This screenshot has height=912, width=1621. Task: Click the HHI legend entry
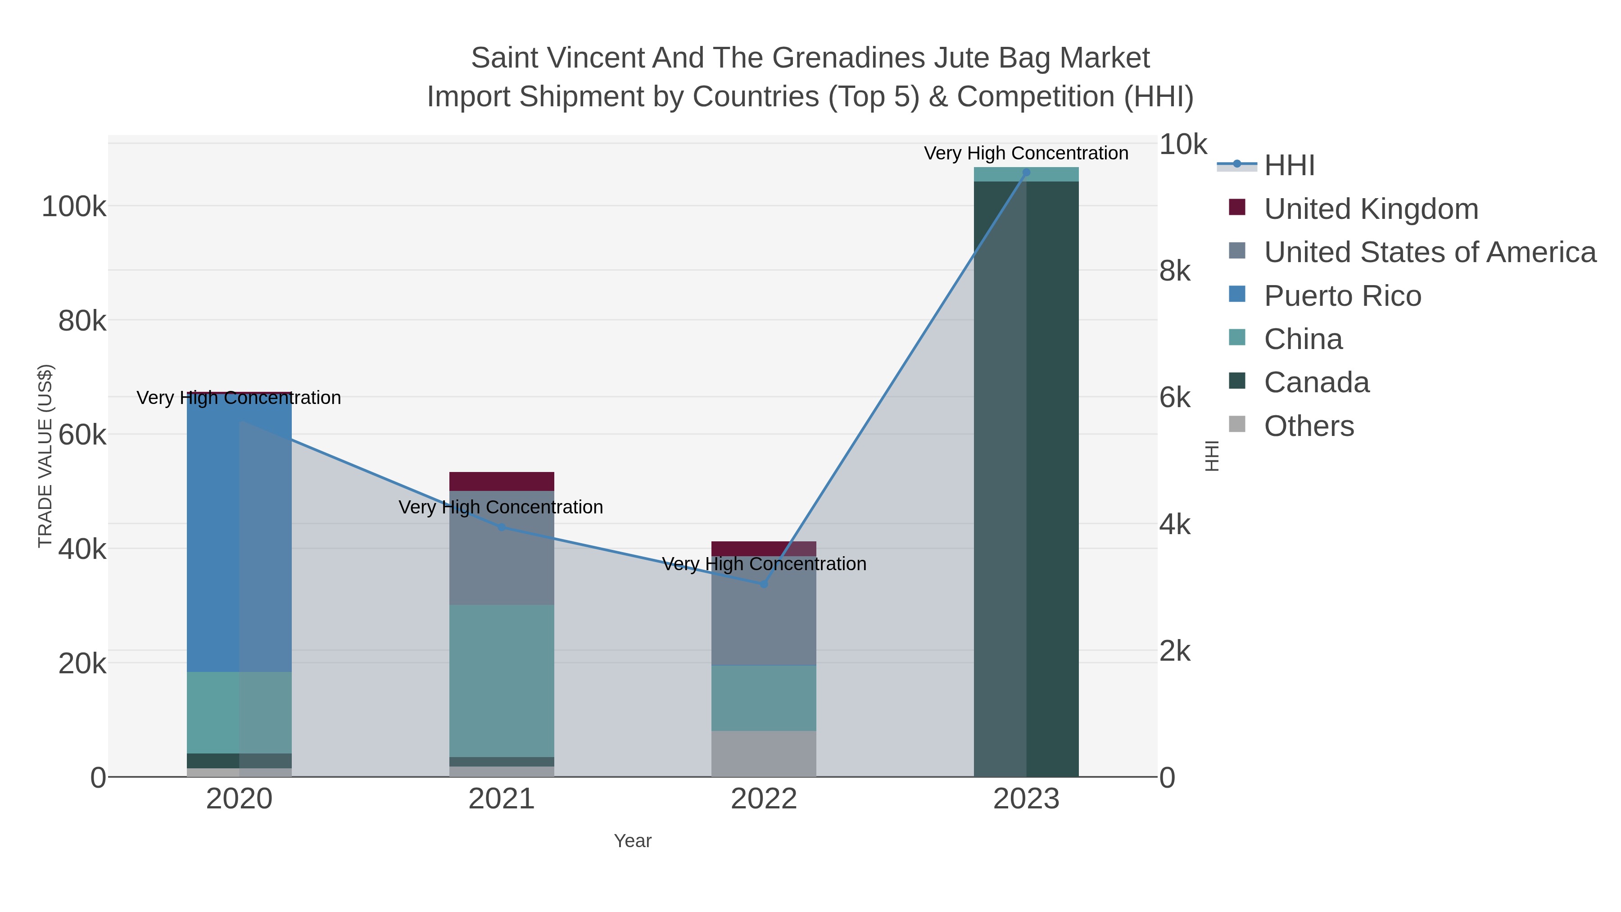pyautogui.click(x=1289, y=166)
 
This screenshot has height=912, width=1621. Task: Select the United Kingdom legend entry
pyautogui.click(x=1371, y=209)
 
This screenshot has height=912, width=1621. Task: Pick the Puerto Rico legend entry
pyautogui.click(x=1342, y=296)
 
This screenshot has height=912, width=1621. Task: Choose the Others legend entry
pyautogui.click(x=1309, y=426)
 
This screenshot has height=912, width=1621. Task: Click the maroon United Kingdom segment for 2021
pyautogui.click(x=502, y=481)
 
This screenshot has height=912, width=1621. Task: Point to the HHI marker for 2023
pyautogui.click(x=1026, y=172)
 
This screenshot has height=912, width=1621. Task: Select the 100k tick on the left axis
pyautogui.click(x=74, y=206)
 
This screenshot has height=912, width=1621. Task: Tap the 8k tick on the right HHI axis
pyautogui.click(x=1175, y=271)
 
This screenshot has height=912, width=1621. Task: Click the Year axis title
pyautogui.click(x=633, y=841)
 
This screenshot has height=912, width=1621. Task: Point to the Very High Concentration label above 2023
pyautogui.click(x=1026, y=153)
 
